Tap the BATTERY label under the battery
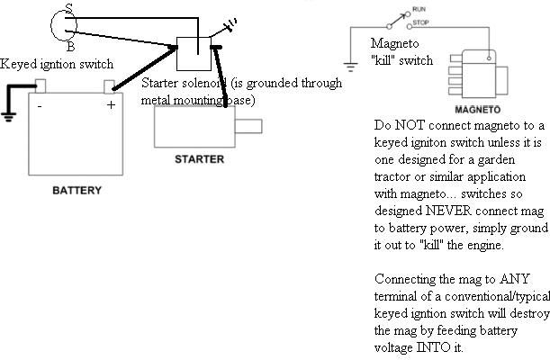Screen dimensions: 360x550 coord(77,191)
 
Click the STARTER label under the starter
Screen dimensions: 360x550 coord(199,159)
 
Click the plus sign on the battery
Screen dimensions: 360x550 coord(111,105)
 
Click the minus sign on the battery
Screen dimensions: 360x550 coord(40,105)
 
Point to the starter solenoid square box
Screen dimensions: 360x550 coord(192,53)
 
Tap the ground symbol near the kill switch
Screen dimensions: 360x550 coord(350,65)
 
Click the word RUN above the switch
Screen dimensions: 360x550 coord(418,9)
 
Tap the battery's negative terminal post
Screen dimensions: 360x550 coord(40,86)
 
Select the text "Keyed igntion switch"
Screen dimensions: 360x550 coord(57,65)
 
